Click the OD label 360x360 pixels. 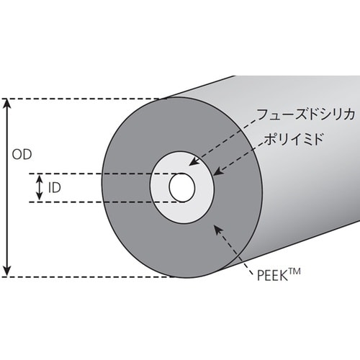pos(23,155)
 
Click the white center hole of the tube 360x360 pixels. pos(181,187)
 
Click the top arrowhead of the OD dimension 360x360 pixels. pos(9,104)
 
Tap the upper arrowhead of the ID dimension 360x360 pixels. pos(40,176)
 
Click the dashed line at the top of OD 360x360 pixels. pos(86,99)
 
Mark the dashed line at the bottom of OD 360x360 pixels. pos(86,275)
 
